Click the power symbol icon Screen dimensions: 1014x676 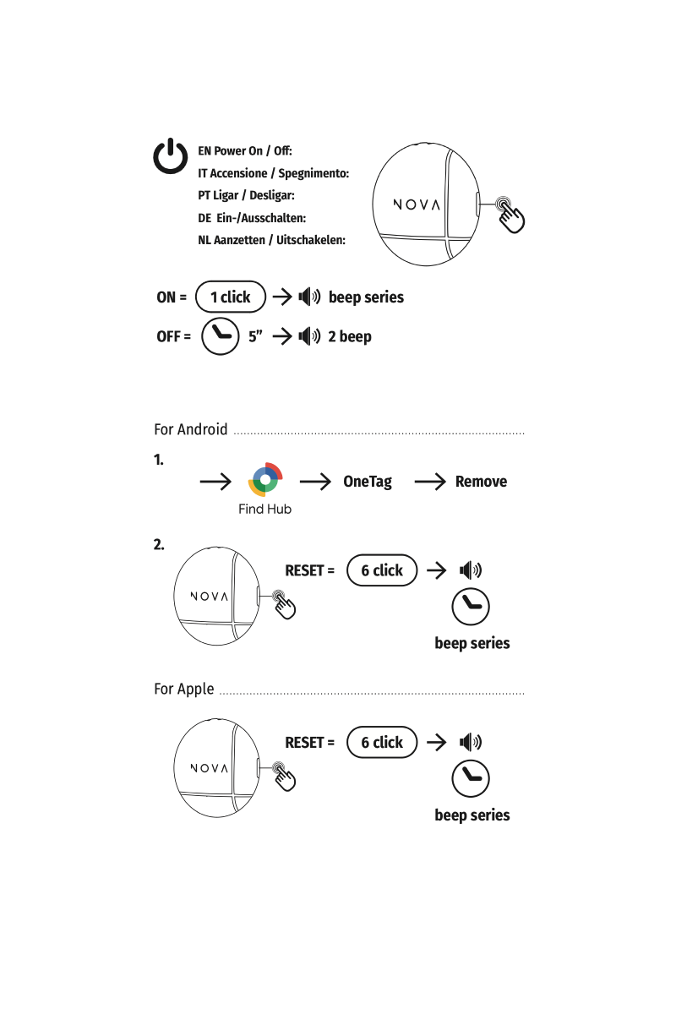click(171, 157)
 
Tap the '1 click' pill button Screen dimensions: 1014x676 click(230, 297)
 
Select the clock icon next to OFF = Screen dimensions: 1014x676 click(224, 335)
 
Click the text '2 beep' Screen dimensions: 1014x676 click(349, 336)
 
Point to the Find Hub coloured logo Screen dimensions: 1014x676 click(265, 481)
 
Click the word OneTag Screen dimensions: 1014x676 click(368, 482)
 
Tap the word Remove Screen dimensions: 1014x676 click(481, 482)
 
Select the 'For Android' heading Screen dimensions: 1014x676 click(191, 429)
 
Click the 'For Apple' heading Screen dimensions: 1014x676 click(184, 689)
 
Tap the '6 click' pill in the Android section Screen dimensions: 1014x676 click(382, 570)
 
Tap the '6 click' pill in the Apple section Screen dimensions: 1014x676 click(382, 743)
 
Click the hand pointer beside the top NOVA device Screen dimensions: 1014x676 click(510, 214)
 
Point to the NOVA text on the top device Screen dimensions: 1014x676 click(417, 204)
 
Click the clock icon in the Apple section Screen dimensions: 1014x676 click(471, 778)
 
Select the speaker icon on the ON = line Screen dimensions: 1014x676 click(309, 297)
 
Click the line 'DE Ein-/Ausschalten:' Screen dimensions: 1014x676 click(252, 217)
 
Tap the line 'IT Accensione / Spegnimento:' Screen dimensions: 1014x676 click(273, 173)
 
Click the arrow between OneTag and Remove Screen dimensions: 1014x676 click(430, 482)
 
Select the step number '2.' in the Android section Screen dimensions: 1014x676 click(159, 544)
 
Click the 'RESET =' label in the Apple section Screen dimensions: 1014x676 click(309, 743)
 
